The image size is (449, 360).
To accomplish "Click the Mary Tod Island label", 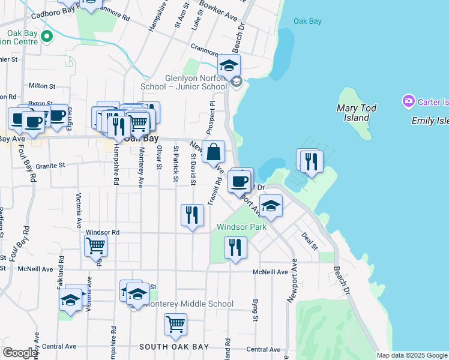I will coord(357,113).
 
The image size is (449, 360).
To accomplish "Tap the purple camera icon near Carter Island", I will coord(409,101).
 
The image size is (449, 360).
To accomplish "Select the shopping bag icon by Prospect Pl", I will coord(214,152).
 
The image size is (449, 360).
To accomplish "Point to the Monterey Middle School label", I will coord(188,304).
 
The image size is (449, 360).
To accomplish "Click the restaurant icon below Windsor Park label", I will coord(235,248).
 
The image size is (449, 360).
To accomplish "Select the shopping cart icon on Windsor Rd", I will coord(96,246).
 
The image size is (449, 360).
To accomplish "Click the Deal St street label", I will coord(310,241).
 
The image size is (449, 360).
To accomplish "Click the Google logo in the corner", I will coord(20,353).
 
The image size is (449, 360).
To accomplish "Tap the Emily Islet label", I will coord(430,121).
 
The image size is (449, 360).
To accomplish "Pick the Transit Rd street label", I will coord(215,191).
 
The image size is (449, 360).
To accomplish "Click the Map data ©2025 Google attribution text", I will coord(411,355).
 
